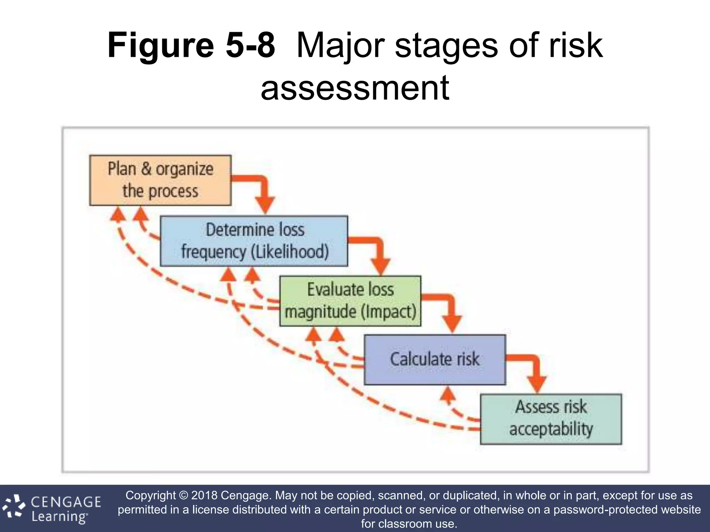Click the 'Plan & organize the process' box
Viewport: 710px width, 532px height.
[160, 180]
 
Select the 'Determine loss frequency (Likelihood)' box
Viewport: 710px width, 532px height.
[254, 241]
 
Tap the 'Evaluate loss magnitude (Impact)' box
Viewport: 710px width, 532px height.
[350, 301]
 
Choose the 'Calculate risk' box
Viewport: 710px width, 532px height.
[435, 359]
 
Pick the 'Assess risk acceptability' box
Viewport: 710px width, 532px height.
[551, 419]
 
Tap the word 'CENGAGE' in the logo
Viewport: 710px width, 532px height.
[66, 502]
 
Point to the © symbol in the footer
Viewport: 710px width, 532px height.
[183, 495]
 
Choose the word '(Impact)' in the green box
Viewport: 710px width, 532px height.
[388, 311]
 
